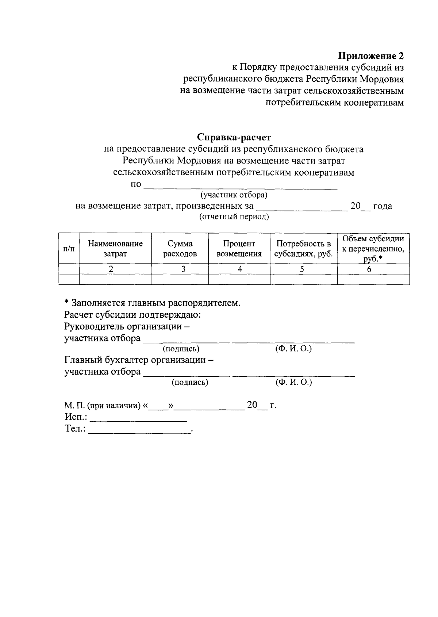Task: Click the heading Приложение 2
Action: (371, 56)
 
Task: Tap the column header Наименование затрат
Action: (115, 249)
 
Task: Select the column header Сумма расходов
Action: (180, 249)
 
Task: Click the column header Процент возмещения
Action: (239, 249)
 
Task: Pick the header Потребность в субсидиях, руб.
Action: (303, 249)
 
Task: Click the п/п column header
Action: (69, 249)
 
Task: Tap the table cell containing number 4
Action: (240, 269)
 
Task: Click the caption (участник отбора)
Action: (234, 195)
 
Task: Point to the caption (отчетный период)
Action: (234, 217)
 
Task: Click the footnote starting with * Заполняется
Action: (152, 303)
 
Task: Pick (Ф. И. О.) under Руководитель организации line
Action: (293, 349)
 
